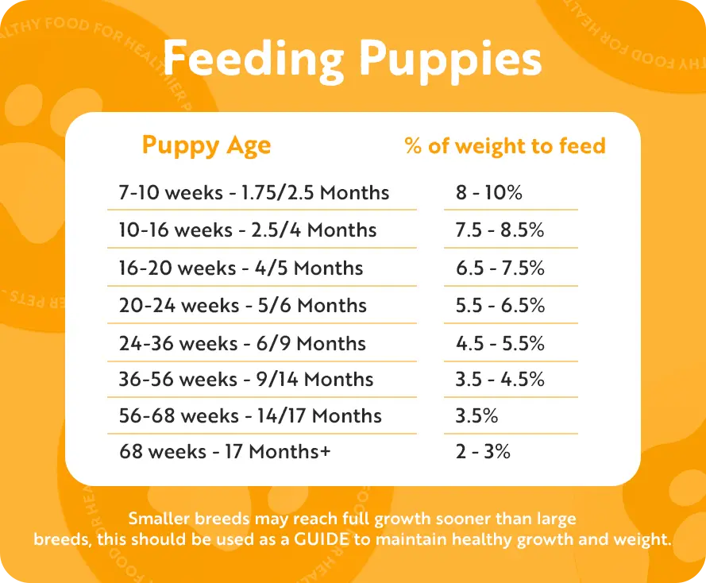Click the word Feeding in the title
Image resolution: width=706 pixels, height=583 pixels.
(253, 60)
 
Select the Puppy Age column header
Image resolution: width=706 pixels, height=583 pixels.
(206, 146)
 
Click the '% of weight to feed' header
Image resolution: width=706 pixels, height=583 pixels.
(505, 146)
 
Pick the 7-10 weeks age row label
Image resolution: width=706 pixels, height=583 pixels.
(254, 192)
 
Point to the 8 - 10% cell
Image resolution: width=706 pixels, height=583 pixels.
(489, 192)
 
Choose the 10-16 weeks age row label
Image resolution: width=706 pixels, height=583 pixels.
(248, 230)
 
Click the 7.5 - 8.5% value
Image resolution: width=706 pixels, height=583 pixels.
(500, 230)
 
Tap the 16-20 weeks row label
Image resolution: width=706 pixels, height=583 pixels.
(241, 268)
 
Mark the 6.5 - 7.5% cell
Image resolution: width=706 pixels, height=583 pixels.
(500, 268)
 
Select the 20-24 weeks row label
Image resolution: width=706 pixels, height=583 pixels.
(243, 305)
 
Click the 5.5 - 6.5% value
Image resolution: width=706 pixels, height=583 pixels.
(500, 305)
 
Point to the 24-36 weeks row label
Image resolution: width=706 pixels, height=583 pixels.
(242, 343)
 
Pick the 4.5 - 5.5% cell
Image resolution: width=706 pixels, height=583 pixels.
(500, 343)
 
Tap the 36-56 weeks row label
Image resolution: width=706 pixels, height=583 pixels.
(246, 379)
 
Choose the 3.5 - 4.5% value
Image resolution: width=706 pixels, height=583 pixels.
(500, 379)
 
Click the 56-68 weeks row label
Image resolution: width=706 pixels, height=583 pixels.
(250, 415)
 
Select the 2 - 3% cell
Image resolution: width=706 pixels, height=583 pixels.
(483, 451)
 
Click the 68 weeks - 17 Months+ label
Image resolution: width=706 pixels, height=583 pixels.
(225, 451)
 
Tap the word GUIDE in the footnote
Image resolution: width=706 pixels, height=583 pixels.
(322, 539)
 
